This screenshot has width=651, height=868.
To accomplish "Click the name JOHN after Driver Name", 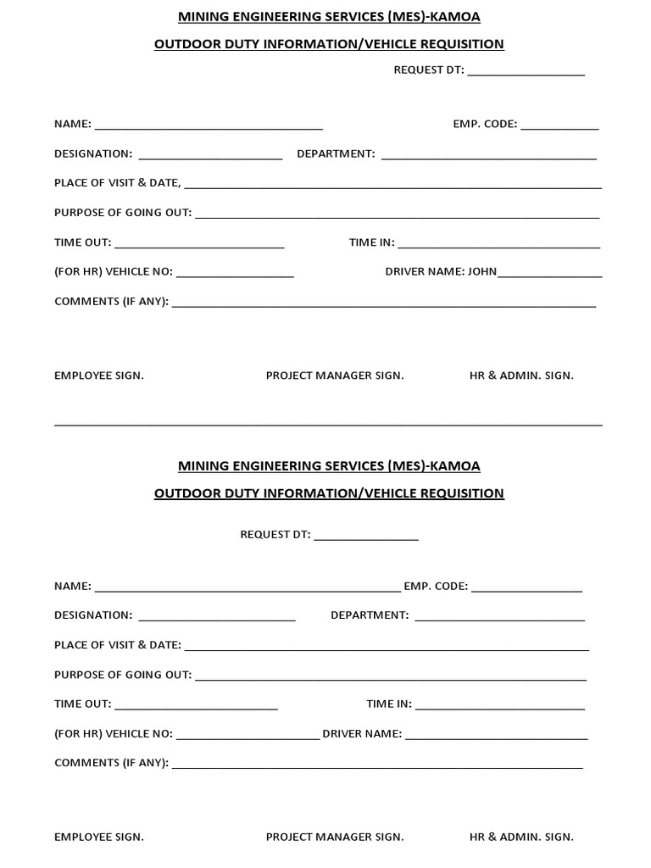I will point(482,272).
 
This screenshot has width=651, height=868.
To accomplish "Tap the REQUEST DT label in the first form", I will point(428,70).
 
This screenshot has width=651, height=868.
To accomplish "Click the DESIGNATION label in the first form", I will point(93,153).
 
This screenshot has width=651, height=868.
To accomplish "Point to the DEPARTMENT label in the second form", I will point(370,615).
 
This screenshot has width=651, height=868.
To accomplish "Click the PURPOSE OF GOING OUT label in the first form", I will point(123,213).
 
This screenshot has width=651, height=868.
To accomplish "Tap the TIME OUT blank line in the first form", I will point(199,246).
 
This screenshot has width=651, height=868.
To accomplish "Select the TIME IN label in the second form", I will point(389,704).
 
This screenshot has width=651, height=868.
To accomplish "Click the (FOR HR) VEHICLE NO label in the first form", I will point(114,272).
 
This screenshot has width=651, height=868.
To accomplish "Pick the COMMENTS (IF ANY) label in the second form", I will point(111,763).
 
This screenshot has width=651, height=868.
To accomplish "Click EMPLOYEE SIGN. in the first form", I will point(99,376).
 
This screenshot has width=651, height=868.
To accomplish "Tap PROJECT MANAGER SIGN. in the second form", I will point(335,837).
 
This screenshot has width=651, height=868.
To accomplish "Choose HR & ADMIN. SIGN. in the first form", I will point(521,376).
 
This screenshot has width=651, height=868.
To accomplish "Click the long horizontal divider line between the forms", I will point(328,424).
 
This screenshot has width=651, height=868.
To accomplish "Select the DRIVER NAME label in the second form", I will point(362,734).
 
